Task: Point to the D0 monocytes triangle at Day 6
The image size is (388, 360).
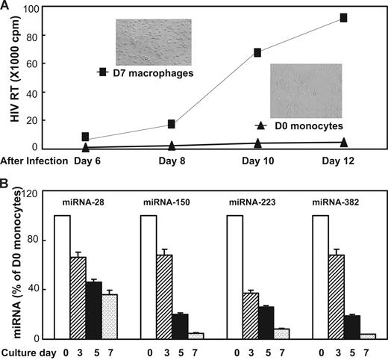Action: coord(86,148)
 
